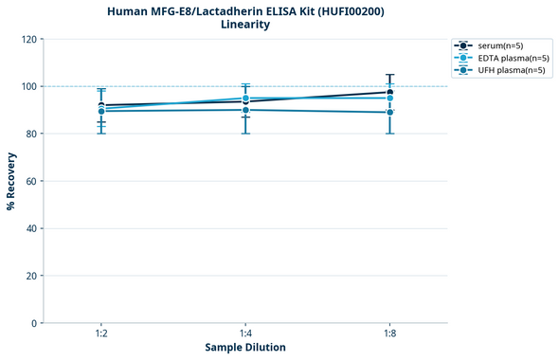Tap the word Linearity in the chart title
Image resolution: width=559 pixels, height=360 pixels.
(244, 25)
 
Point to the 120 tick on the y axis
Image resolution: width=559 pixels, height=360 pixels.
(28, 39)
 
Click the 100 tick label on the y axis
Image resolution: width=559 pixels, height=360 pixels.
(28, 86)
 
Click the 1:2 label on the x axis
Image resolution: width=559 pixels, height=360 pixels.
(101, 334)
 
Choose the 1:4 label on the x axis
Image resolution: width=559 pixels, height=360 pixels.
(245, 334)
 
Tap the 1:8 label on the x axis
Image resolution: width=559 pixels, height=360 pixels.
(389, 334)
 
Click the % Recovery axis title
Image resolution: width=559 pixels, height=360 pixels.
(11, 181)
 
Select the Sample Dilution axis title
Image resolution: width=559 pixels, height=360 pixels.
(245, 348)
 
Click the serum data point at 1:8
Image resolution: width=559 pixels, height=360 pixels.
(389, 93)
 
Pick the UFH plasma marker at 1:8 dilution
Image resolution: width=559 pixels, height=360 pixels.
(389, 112)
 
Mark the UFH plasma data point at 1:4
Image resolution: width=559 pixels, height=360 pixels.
(245, 110)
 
